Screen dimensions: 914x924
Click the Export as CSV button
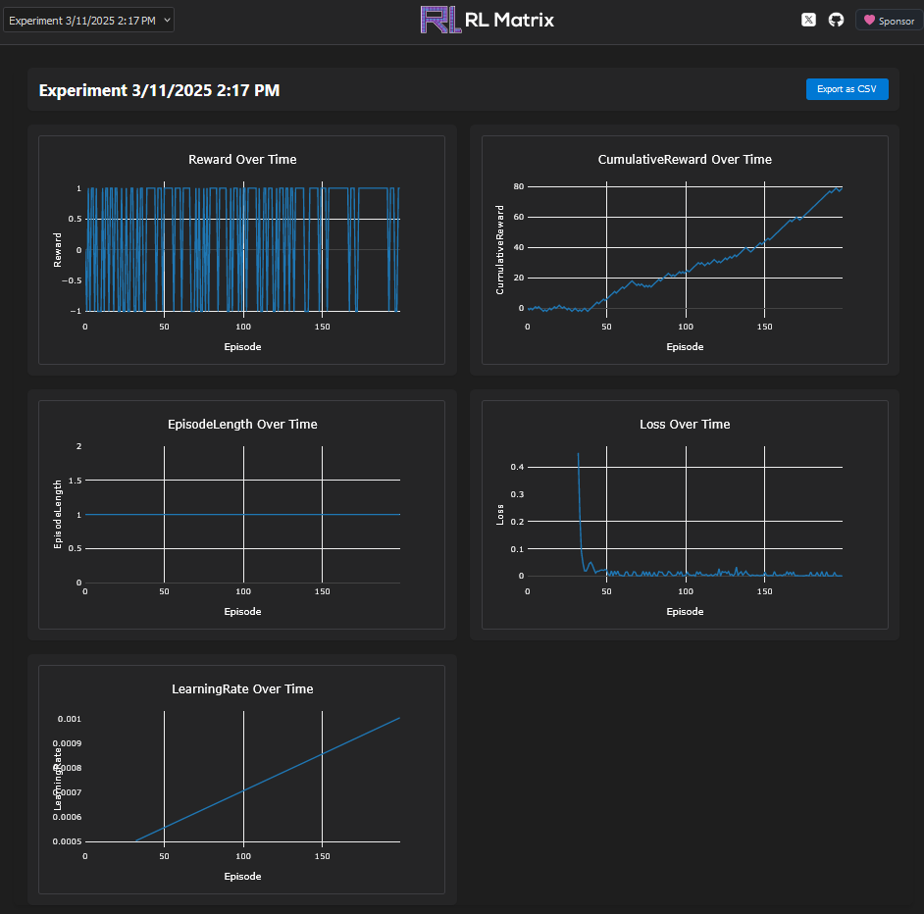click(x=847, y=89)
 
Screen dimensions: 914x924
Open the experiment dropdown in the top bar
click(x=88, y=20)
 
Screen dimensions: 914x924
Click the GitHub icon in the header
click(x=836, y=20)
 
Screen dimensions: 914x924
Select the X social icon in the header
click(x=808, y=20)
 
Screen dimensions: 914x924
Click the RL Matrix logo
click(x=487, y=20)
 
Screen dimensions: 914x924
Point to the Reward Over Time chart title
click(x=242, y=159)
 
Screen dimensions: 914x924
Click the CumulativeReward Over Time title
click(x=685, y=159)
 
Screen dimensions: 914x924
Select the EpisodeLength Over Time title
click(x=242, y=424)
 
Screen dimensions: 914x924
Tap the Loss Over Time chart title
click(x=685, y=424)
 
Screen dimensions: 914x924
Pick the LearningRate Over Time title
click(x=242, y=688)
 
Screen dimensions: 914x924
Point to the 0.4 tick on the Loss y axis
click(x=517, y=467)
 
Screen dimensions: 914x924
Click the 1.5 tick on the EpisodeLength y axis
click(x=76, y=481)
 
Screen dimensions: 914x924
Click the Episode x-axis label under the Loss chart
click(x=685, y=611)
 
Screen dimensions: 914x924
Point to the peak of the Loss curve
click(x=578, y=454)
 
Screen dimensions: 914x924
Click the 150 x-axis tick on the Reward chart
click(x=322, y=327)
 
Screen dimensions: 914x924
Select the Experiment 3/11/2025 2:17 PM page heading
click(x=159, y=90)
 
